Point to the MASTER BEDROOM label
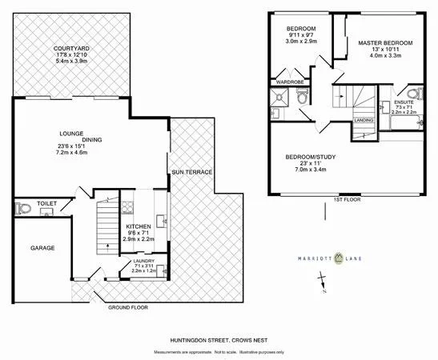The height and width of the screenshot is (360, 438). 384,42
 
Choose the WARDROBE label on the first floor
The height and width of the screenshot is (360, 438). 290,81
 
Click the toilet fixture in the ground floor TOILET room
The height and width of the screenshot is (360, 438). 23,210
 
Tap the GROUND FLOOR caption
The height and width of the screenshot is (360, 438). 127,306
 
